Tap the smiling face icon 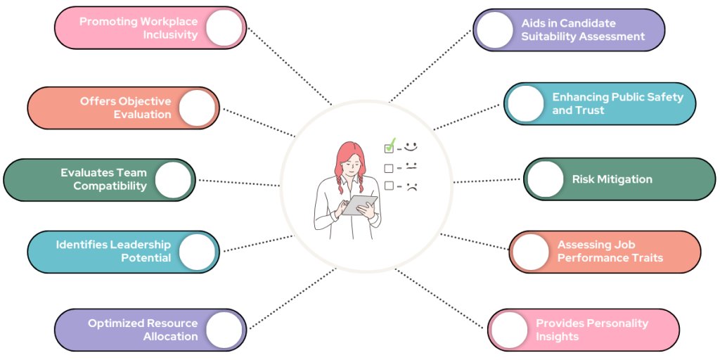[x=411, y=146]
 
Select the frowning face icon [x=411, y=186]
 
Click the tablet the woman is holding [x=359, y=205]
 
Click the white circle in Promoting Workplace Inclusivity [x=224, y=28]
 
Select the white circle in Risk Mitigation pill [x=546, y=179]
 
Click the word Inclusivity [x=170, y=35]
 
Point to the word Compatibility [x=110, y=186]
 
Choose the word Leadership [x=140, y=244]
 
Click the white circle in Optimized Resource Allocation [x=224, y=330]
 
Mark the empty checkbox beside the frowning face [x=389, y=186]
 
